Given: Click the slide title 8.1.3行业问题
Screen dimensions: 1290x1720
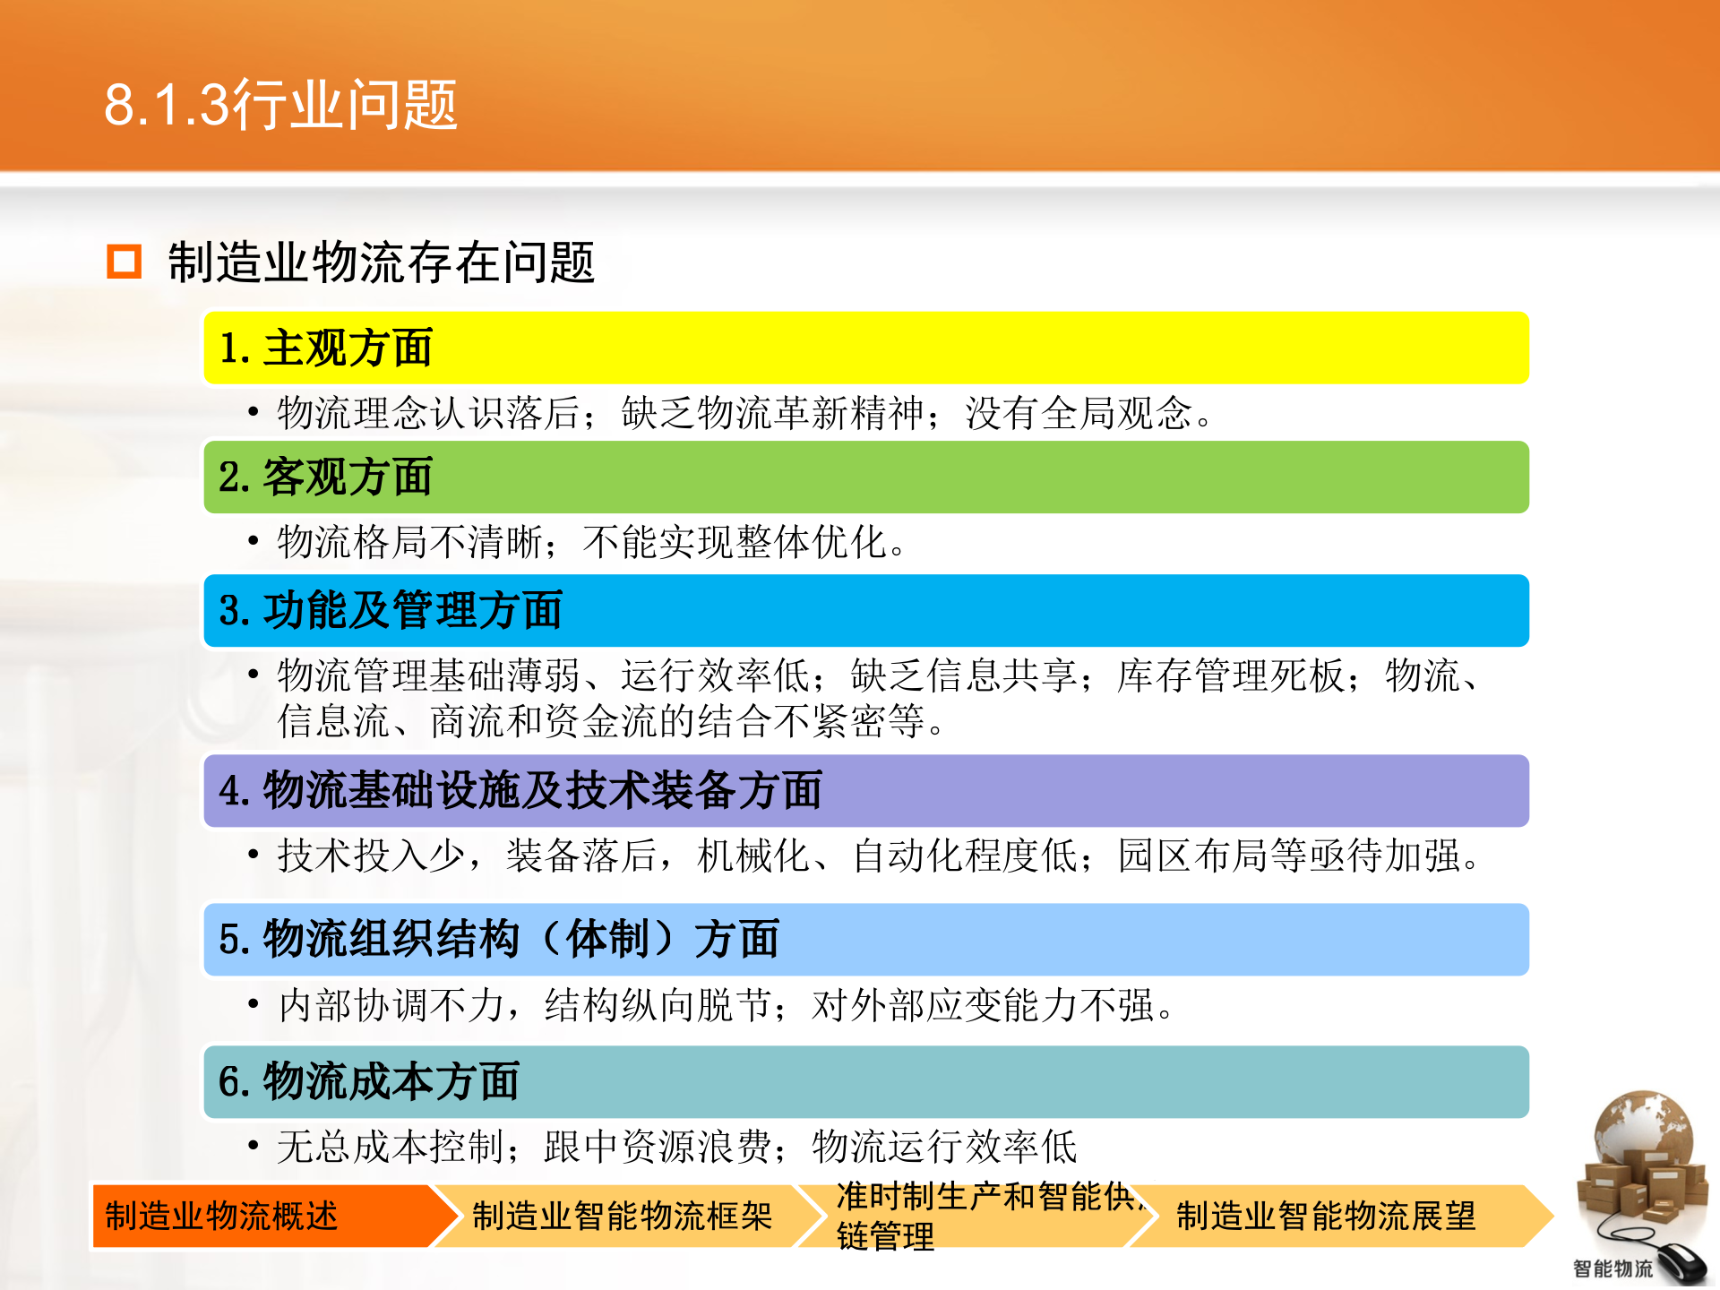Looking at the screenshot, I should [280, 105].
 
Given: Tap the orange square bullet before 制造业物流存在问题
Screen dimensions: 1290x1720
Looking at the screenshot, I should [124, 262].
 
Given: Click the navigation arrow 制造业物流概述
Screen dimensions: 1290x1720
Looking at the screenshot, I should [260, 1217].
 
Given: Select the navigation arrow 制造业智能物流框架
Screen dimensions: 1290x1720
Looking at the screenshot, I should [623, 1217].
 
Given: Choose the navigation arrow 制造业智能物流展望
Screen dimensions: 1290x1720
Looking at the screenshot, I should [1326, 1217].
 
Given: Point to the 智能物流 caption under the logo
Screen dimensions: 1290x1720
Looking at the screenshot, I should [1612, 1268].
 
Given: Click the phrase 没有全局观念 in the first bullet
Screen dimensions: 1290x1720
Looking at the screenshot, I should [1079, 414].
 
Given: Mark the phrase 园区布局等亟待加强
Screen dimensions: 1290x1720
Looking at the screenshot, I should [1290, 856].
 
